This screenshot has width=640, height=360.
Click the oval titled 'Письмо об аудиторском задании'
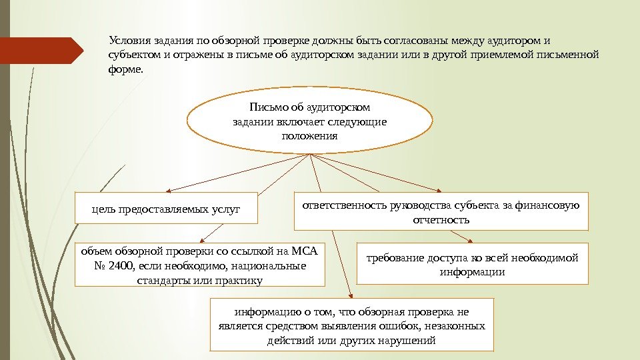click(309, 121)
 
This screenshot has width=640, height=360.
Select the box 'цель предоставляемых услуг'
click(157, 209)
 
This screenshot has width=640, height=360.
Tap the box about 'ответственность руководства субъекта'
click(441, 211)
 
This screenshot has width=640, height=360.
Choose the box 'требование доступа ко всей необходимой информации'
click(473, 264)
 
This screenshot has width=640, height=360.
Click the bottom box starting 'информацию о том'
click(351, 325)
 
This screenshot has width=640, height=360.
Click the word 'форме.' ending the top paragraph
click(125, 69)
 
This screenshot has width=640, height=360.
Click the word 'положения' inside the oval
click(309, 136)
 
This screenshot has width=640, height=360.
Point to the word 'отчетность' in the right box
click(441, 219)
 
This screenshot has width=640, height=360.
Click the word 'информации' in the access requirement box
click(473, 272)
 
